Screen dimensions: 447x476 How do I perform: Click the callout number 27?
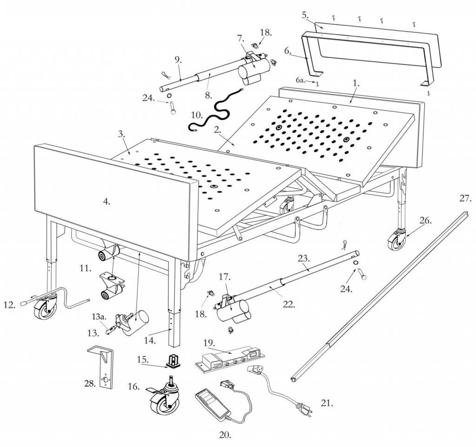[465, 199]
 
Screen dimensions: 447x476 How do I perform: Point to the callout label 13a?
[99, 317]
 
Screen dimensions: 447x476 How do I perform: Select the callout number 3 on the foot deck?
[121, 134]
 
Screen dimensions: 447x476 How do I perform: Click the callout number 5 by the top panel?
[305, 15]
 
